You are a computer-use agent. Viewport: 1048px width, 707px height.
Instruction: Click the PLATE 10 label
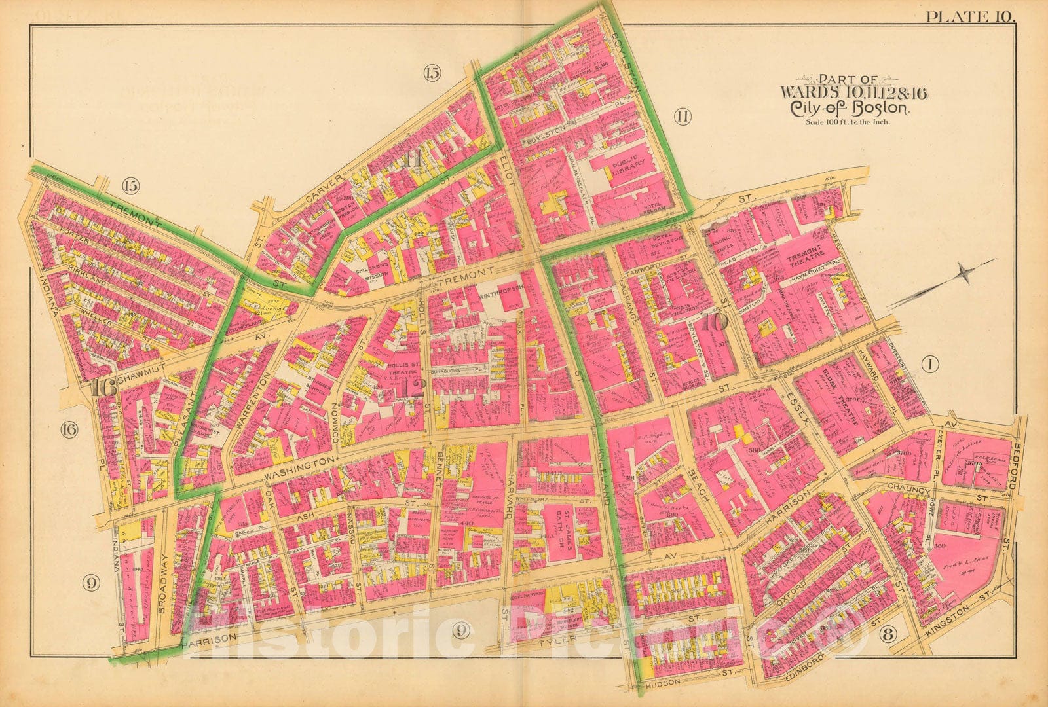970,17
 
